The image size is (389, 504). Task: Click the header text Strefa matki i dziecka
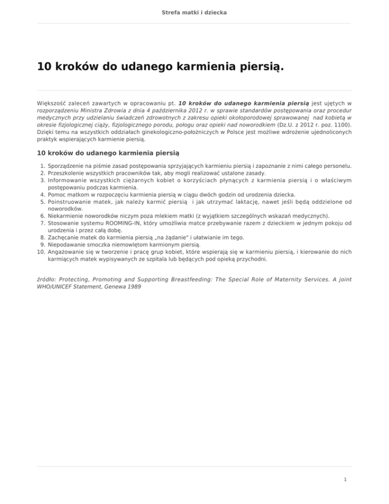[x=194, y=12]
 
